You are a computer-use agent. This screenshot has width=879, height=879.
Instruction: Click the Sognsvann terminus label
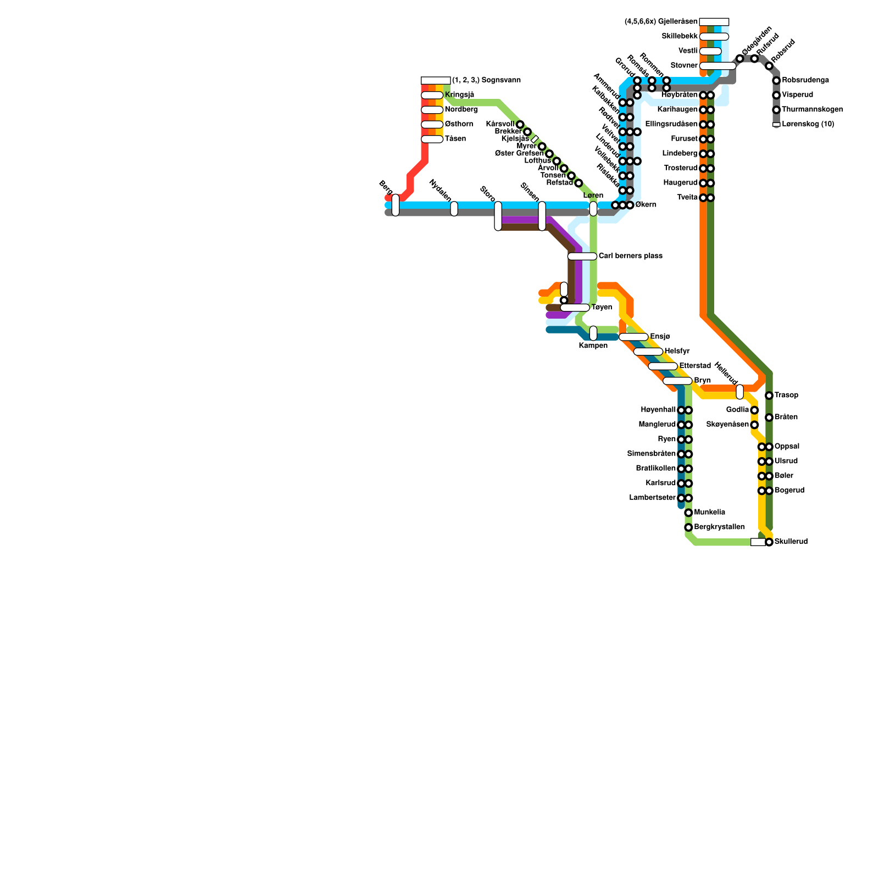[486, 80]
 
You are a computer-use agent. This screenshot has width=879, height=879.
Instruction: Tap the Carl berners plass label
[630, 256]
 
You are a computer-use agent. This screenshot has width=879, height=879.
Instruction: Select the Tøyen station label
[602, 308]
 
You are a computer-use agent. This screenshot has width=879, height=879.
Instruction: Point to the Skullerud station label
[791, 542]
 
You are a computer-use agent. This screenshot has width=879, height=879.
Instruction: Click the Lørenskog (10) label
[808, 124]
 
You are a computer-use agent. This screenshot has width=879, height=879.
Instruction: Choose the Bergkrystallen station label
[720, 527]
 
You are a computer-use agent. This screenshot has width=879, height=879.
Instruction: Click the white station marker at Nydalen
[454, 209]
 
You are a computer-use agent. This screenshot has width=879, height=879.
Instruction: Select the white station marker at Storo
[498, 216]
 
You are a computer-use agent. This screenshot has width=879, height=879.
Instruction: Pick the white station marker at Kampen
[593, 333]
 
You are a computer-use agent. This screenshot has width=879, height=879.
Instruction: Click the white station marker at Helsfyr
[648, 352]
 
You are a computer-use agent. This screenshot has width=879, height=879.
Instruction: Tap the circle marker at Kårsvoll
[520, 125]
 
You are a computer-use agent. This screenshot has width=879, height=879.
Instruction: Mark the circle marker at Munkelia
[688, 513]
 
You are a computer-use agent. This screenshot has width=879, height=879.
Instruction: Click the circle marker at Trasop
[769, 396]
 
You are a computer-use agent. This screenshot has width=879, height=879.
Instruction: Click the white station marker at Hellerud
[740, 392]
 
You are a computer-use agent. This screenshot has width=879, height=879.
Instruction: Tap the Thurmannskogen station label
[812, 110]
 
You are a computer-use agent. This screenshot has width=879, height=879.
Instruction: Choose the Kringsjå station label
[459, 95]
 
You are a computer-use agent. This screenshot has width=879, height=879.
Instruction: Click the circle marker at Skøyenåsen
[754, 425]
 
